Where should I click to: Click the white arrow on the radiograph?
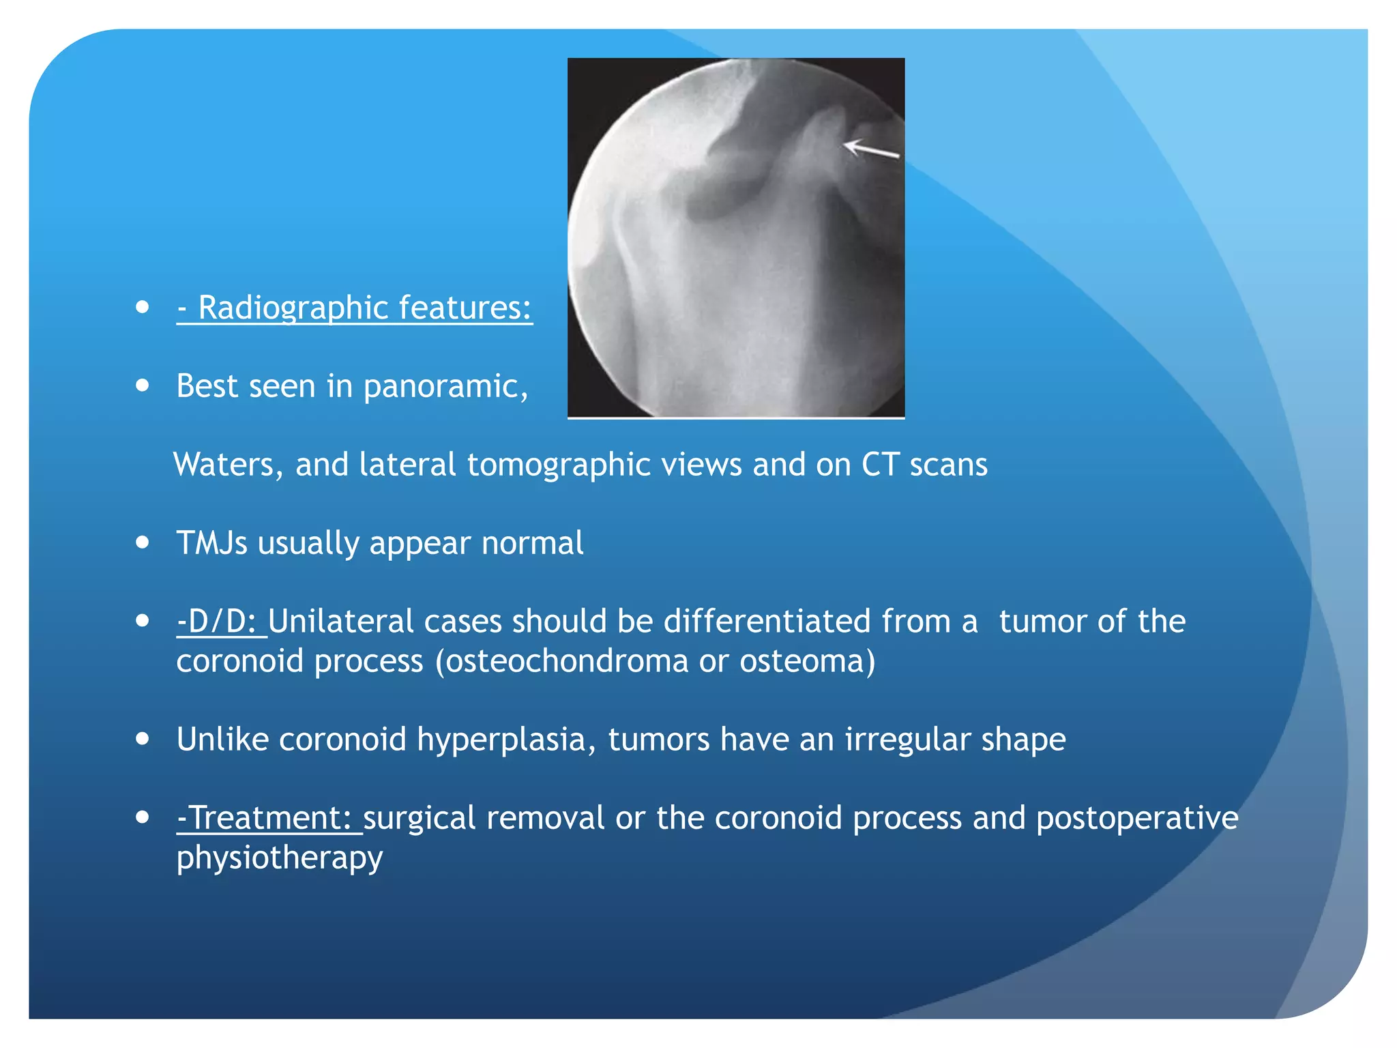coord(871,148)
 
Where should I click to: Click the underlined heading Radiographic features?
coord(355,308)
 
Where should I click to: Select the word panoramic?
coord(445,387)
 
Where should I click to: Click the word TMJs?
coord(211,543)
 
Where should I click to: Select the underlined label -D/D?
coord(220,622)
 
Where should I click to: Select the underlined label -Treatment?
coord(267,818)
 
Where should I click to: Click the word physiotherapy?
coord(280,858)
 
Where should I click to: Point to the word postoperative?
coord(1136,818)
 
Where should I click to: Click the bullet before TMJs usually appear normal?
coord(143,542)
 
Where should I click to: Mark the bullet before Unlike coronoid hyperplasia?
coord(143,738)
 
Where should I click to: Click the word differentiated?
coord(767,622)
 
